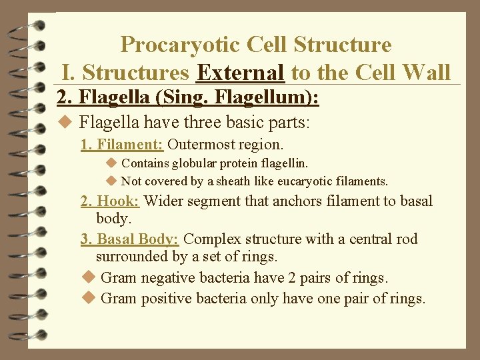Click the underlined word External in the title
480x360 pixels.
coord(241,71)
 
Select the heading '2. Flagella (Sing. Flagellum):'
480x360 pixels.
coord(189,98)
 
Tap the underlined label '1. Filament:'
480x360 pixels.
coord(121,144)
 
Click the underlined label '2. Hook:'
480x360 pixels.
coord(110,201)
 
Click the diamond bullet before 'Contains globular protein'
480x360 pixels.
coord(111,163)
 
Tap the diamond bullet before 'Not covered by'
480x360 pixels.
coord(111,181)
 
